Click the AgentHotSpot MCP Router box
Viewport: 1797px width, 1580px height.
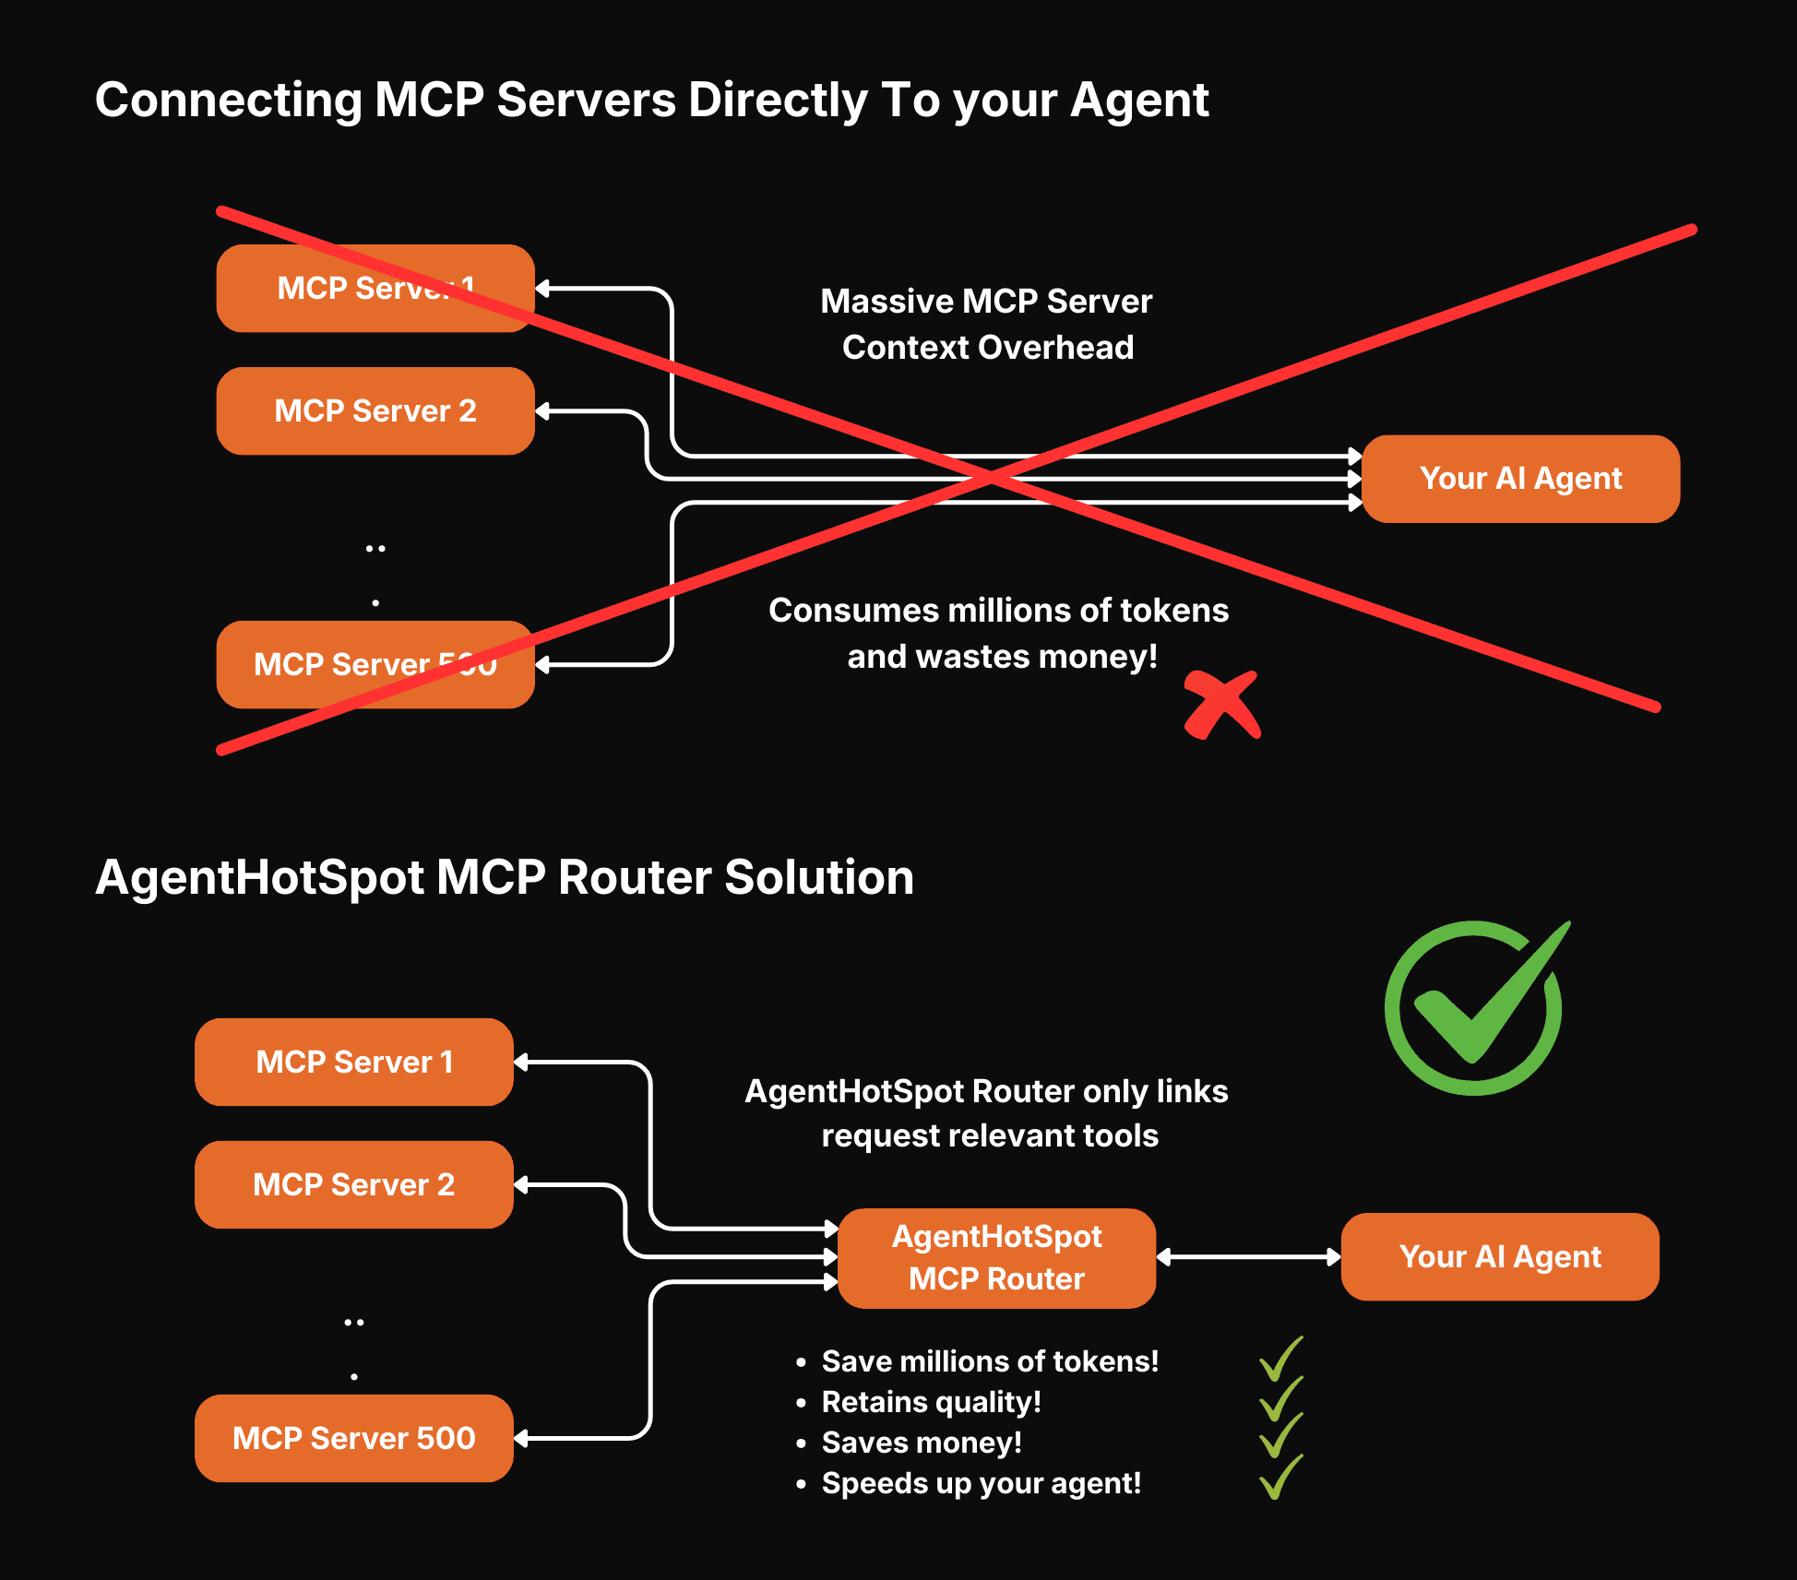(996, 1257)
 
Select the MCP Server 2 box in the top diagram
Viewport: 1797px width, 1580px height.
(375, 410)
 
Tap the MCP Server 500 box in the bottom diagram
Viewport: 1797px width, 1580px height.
(353, 1438)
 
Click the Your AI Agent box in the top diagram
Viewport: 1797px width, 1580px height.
(1520, 479)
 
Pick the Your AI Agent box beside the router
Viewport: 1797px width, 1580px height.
(1499, 1256)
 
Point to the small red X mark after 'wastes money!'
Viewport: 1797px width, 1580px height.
(1221, 706)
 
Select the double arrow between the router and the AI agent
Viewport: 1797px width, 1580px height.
(1247, 1256)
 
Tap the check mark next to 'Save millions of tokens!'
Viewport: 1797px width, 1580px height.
(1281, 1359)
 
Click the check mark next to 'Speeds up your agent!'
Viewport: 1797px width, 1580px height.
(1281, 1477)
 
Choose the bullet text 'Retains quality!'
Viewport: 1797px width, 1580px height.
(931, 1402)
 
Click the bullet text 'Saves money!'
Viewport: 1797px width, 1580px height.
(921, 1443)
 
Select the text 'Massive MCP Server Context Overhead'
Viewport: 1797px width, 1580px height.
(986, 324)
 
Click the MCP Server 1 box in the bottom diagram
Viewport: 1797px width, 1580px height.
(353, 1062)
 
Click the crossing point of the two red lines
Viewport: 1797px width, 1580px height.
(991, 477)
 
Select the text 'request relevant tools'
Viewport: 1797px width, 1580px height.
(989, 1135)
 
